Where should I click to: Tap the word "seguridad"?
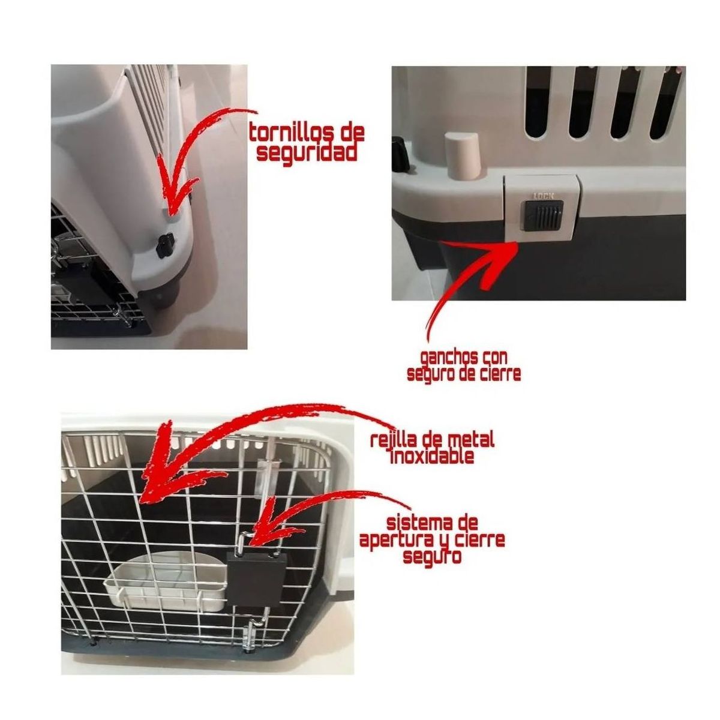tap(307, 152)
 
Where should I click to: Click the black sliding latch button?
tap(542, 215)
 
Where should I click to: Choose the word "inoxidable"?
tap(431, 456)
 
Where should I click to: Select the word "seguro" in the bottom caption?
tap(432, 557)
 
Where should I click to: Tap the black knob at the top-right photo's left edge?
tap(399, 154)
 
